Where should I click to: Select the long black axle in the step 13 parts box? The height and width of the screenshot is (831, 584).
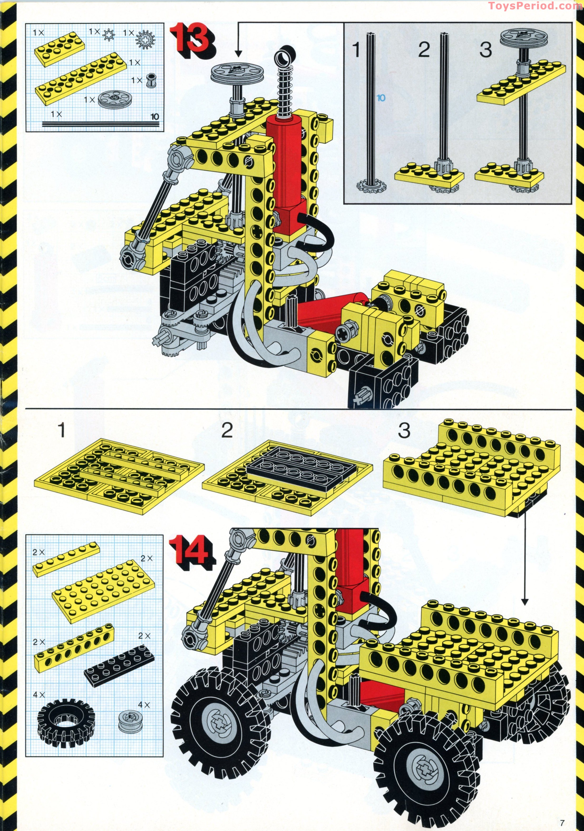[x=101, y=124]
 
